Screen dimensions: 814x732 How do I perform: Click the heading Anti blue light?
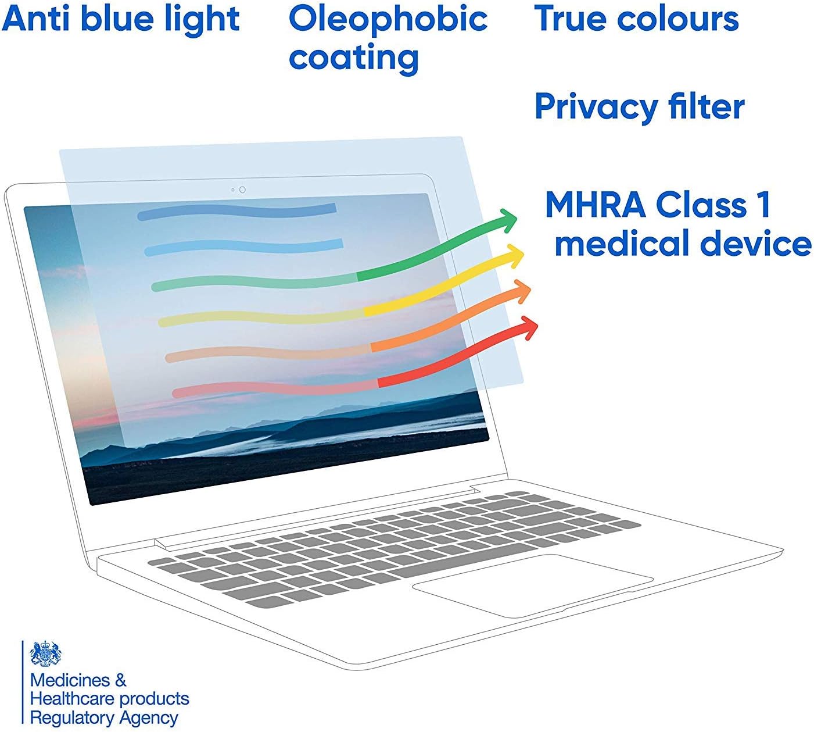[120, 20]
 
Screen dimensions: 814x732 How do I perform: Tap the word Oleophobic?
[388, 20]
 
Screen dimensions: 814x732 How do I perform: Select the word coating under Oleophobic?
[354, 58]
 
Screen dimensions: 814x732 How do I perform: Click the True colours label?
[636, 19]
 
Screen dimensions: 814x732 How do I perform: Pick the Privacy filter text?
[640, 106]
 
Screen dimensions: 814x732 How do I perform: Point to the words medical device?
[683, 243]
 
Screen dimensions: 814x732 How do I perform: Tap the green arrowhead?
[508, 220]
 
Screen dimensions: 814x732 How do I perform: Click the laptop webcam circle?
[242, 190]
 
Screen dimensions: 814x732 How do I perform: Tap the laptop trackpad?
[532, 585]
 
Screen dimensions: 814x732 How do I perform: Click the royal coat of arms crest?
[46, 654]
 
